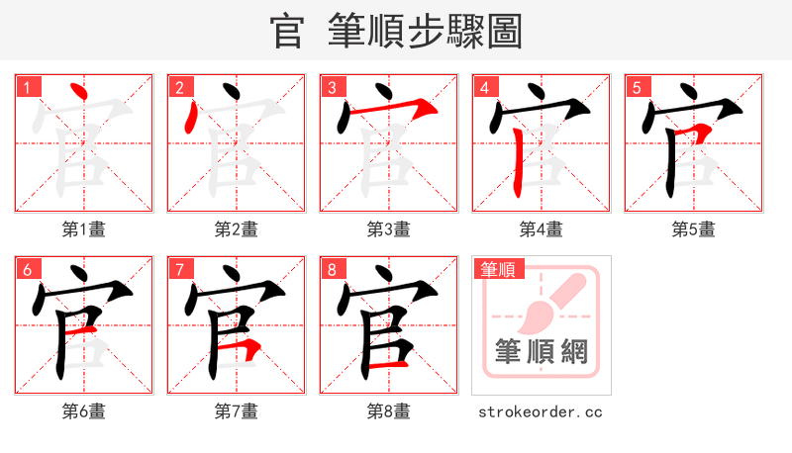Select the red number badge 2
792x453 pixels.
[x=180, y=87]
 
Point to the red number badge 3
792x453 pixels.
[x=333, y=87]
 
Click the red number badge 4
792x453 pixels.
[x=485, y=87]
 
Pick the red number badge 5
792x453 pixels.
[x=638, y=87]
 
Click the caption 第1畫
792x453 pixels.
[x=84, y=229]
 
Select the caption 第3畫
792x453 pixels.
[x=389, y=229]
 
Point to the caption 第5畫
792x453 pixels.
[x=694, y=229]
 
